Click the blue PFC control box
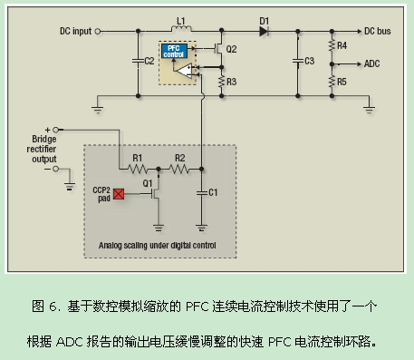174,51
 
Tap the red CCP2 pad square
119,194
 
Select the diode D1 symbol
264,31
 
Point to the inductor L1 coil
181,28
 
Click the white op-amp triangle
185,71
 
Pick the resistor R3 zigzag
222,82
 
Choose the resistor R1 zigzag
138,169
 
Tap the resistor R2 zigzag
179,169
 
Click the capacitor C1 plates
201,192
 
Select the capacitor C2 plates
138,61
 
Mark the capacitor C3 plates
298,61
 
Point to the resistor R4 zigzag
332,45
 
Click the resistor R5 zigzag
332,82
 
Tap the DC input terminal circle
98,31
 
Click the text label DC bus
378,31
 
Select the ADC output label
371,63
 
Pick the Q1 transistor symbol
156,193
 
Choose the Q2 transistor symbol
218,49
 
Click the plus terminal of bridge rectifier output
55,130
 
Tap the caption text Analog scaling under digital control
158,245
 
